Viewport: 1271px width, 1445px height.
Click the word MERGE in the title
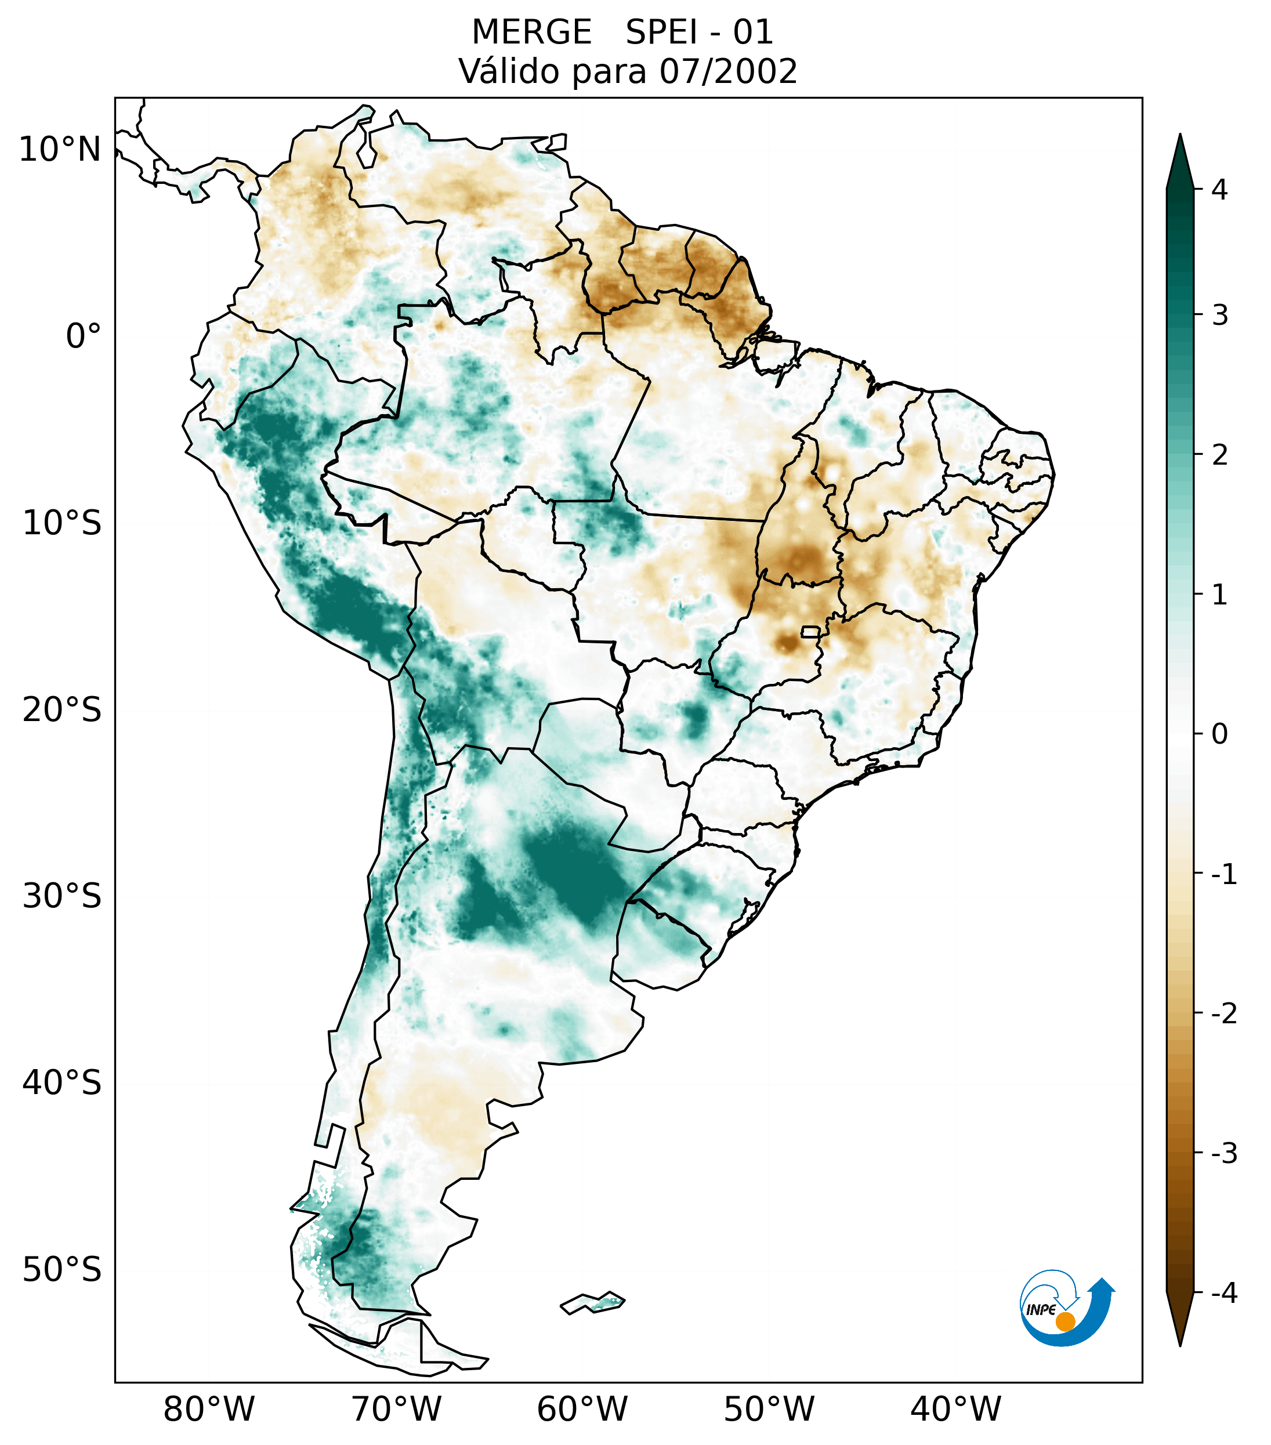point(531,32)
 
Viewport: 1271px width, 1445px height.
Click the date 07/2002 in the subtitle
point(728,71)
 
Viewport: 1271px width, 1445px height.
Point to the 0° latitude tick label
point(84,336)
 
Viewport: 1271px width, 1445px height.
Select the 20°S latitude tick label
point(62,710)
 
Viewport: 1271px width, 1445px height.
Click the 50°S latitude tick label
point(62,1270)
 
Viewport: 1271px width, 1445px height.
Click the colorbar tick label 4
point(1219,190)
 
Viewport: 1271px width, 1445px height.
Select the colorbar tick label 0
point(1219,734)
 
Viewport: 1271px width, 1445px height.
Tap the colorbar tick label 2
point(1219,455)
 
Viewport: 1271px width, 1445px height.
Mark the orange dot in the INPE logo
point(1064,1321)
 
